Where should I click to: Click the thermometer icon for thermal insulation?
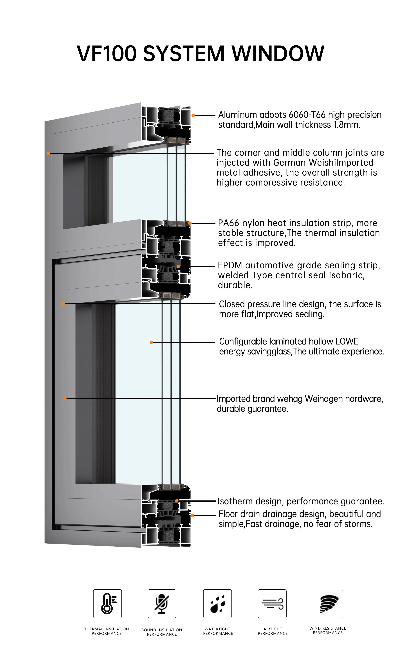(x=107, y=604)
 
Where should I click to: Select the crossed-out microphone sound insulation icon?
(x=162, y=604)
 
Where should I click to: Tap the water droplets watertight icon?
(x=217, y=604)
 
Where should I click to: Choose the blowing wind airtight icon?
(x=272, y=604)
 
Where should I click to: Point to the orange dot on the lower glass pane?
(x=151, y=342)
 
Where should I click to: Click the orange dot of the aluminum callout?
(x=193, y=115)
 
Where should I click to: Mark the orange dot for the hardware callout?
(x=65, y=398)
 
